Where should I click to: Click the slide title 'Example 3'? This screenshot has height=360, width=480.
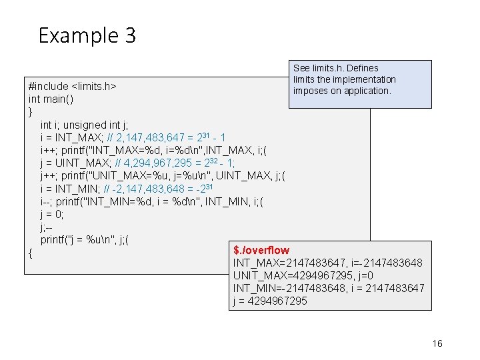[87, 35]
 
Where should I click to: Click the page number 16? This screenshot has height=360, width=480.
[437, 343]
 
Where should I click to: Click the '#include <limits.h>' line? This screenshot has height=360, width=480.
[72, 86]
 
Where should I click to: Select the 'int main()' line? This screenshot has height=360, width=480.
[51, 99]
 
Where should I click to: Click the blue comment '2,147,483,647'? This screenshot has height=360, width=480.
[143, 137]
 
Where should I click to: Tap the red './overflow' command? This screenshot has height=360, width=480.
[261, 251]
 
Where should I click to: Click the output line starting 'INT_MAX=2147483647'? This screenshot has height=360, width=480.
[327, 263]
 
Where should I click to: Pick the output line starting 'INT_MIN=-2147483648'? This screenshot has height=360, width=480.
[328, 288]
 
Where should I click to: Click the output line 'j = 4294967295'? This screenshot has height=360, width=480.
[270, 301]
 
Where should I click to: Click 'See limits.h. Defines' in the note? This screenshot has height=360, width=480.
[335, 68]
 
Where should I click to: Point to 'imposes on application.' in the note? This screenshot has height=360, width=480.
[342, 91]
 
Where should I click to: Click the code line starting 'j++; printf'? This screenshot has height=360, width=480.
[163, 176]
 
